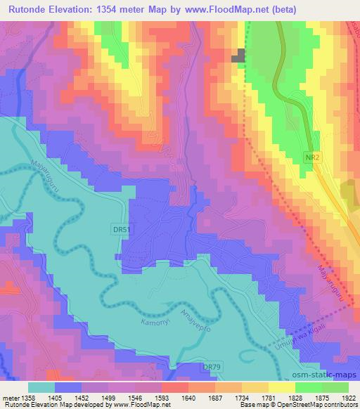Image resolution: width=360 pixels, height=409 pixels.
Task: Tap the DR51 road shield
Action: pos(121,230)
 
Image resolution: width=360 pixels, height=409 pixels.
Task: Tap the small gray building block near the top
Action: pos(241,56)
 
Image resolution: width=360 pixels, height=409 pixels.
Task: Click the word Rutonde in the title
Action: pos(27,9)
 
